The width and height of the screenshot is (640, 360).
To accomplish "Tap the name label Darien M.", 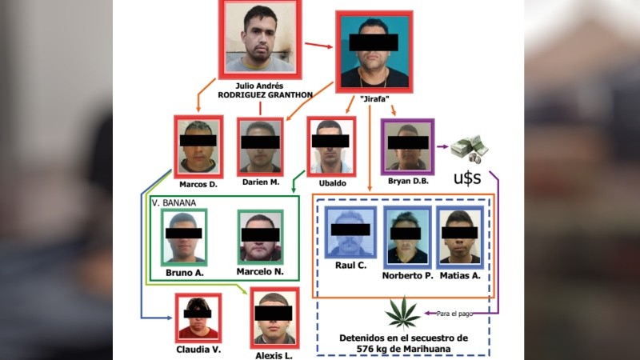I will click(260, 183).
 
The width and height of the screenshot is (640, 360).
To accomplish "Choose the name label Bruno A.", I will click(183, 273).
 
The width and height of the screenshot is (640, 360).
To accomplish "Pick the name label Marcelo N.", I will click(259, 273).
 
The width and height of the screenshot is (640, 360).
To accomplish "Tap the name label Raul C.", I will click(350, 265).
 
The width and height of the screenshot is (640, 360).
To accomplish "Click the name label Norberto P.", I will click(407, 275).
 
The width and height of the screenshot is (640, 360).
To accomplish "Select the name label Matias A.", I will click(462, 275).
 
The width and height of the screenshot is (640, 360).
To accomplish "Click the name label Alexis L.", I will click(274, 355).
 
